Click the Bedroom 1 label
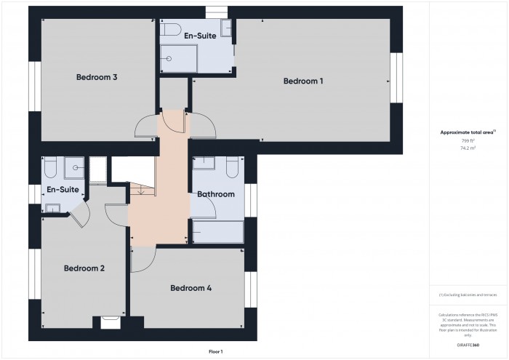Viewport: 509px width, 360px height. coord(303,81)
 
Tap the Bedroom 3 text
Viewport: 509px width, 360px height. coord(97,77)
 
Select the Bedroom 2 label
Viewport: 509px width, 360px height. coord(84,268)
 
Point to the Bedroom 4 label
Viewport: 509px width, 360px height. coord(191,288)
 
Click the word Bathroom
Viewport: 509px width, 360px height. coord(216,194)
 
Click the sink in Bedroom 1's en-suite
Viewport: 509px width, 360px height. coord(226,28)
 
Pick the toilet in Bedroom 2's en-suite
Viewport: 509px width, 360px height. coord(50,169)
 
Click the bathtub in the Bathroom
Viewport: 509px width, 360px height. coord(217,232)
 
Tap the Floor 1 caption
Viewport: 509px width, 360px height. coord(215,351)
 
